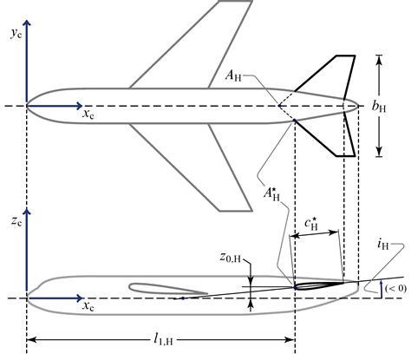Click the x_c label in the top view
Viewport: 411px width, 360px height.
pos(89,114)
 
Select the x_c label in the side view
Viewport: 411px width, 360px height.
pos(89,306)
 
